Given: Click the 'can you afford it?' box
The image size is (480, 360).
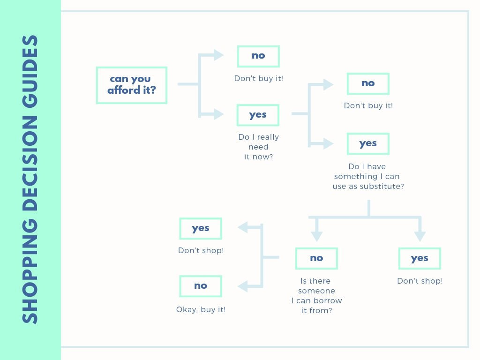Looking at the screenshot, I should pyautogui.click(x=131, y=85).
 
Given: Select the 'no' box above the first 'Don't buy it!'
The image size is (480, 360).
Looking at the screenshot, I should pyautogui.click(x=258, y=56).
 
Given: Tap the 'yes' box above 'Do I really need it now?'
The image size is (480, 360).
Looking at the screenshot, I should pyautogui.click(x=258, y=115).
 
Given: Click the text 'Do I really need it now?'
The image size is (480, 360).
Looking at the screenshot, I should pyautogui.click(x=258, y=147).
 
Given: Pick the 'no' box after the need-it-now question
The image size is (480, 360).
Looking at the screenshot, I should pyautogui.click(x=368, y=84).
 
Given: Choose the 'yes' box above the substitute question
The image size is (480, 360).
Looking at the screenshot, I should pyautogui.click(x=368, y=144).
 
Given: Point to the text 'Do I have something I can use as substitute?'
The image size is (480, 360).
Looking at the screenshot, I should pyautogui.click(x=368, y=176).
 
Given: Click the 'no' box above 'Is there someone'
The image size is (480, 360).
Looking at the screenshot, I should pyautogui.click(x=316, y=258).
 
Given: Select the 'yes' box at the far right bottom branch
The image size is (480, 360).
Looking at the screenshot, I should pyautogui.click(x=420, y=258).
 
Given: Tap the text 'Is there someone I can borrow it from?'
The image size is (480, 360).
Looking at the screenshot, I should pyautogui.click(x=316, y=295).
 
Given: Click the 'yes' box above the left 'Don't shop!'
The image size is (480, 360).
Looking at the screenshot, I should pyautogui.click(x=201, y=229).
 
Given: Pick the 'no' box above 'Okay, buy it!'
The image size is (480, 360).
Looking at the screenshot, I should pyautogui.click(x=201, y=286).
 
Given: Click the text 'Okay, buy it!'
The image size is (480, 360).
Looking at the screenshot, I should pyautogui.click(x=201, y=309).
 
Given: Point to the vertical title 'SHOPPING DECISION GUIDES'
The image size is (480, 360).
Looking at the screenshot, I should pyautogui.click(x=30, y=180).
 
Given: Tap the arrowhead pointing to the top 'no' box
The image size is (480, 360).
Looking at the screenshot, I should pyautogui.click(x=218, y=55).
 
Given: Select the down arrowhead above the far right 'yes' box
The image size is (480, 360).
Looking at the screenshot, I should pyautogui.click(x=420, y=235).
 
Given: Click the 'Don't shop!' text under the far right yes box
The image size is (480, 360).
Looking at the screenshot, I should pyautogui.click(x=420, y=281).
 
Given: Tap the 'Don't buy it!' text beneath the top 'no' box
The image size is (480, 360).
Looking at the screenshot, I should pyautogui.click(x=258, y=78).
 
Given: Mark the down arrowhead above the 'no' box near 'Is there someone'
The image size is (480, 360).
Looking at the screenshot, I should pyautogui.click(x=316, y=235).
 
